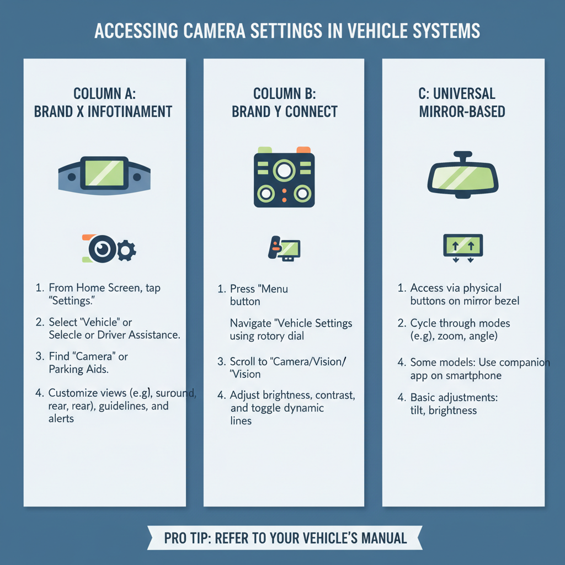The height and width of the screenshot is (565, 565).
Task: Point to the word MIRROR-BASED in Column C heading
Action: (462, 111)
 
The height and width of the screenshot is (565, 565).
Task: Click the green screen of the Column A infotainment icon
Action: (104, 170)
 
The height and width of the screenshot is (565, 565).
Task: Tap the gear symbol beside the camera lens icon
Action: (126, 251)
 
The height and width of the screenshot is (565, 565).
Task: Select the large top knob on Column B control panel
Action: (284, 171)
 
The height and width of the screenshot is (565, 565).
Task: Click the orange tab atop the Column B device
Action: (304, 150)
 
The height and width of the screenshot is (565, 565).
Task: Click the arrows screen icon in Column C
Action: (463, 246)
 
